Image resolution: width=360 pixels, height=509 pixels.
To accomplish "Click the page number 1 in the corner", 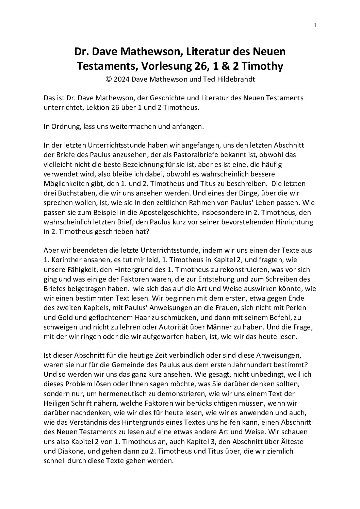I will (315, 25).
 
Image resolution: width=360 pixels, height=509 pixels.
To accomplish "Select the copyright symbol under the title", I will (109, 79).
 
